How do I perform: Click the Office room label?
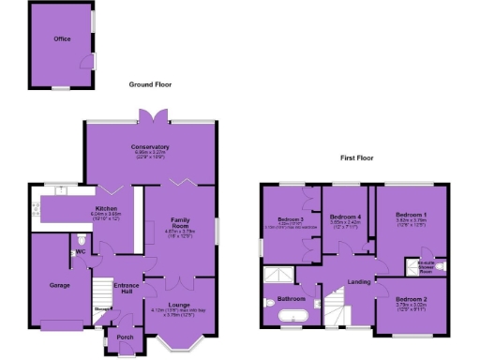point(63,39)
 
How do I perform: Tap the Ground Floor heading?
point(150,84)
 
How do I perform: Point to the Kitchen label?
point(104,209)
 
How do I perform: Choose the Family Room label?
point(179,222)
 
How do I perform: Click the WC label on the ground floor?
point(81,251)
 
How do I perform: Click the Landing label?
point(358,281)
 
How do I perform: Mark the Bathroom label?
point(290,299)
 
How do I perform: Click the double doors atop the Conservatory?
point(149,115)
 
